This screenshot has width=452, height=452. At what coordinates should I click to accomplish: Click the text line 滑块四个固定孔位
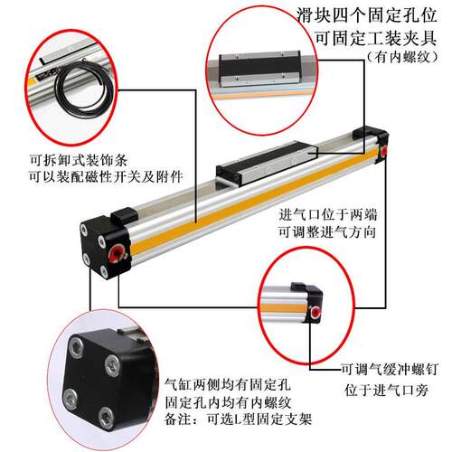(365, 17)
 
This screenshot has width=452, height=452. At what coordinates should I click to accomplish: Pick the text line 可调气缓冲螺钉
(388, 369)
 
